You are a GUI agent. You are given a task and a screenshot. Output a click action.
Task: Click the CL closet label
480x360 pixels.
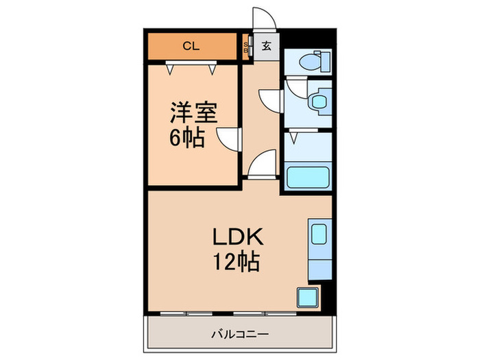191,47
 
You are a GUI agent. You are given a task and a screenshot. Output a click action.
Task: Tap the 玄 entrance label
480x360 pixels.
266,47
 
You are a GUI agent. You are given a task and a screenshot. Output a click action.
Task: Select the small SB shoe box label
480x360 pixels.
247,48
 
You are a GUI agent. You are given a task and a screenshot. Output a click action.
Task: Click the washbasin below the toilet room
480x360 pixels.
318,103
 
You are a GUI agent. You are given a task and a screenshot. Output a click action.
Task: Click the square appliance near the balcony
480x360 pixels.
307,297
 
